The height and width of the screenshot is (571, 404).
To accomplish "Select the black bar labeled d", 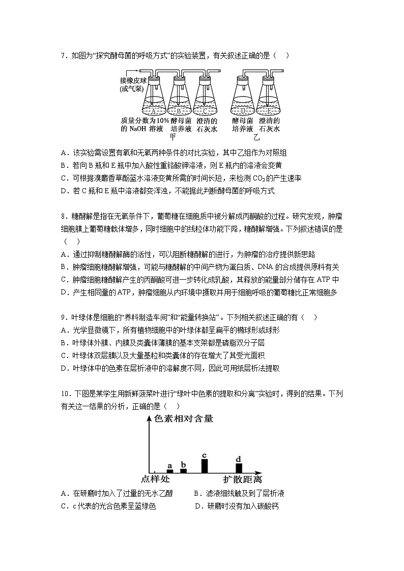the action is coord(239,468).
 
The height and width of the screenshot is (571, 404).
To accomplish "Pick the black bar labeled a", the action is coord(170,471).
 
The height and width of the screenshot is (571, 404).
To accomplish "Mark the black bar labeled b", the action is coord(184,470).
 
